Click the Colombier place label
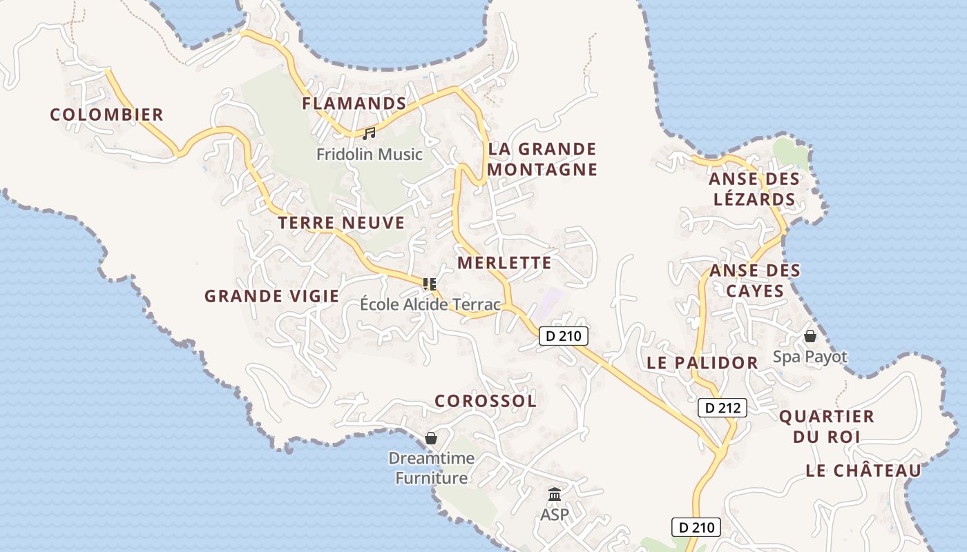pos(106,115)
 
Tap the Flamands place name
pos(354,103)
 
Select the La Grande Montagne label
pos(542,159)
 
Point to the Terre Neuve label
pos(341,223)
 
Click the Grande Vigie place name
pos(271,297)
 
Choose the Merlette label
pos(504,263)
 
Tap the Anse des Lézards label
pos(754,189)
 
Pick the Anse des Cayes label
pos(755,280)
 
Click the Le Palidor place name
pos(702,363)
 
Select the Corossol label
pos(485,401)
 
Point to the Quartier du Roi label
pos(826,426)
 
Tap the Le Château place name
pos(863,471)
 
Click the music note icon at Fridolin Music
pos(369,133)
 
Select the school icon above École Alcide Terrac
pos(430,284)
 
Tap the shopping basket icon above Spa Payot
pos(810,336)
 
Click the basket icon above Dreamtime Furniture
pos(431,438)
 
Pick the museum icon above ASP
pos(554,494)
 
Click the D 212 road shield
pos(722,408)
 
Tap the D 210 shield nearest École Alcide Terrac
pos(563,336)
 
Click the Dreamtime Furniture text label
pos(431,468)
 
